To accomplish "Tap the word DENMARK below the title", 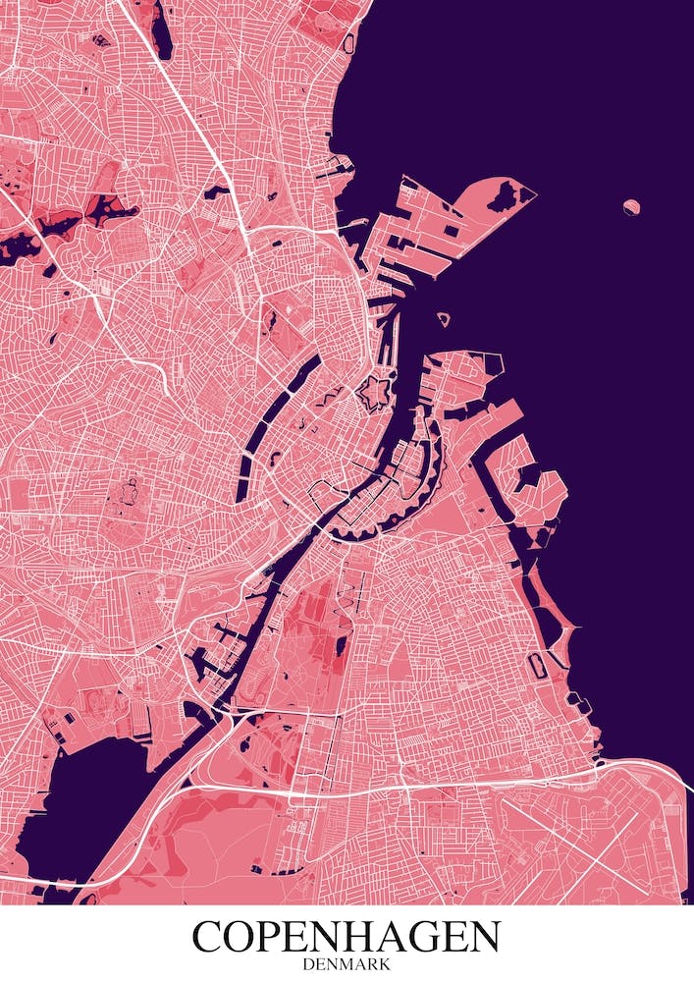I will coord(347,964).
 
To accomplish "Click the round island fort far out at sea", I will coord(631,206).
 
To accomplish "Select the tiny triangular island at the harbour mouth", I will coord(443,318).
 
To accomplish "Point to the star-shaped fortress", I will coord(374,395).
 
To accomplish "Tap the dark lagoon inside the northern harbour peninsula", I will coord(505,196).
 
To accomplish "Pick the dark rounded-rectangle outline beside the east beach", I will coord(538,665).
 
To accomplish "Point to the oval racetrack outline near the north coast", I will coord(347,43).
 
